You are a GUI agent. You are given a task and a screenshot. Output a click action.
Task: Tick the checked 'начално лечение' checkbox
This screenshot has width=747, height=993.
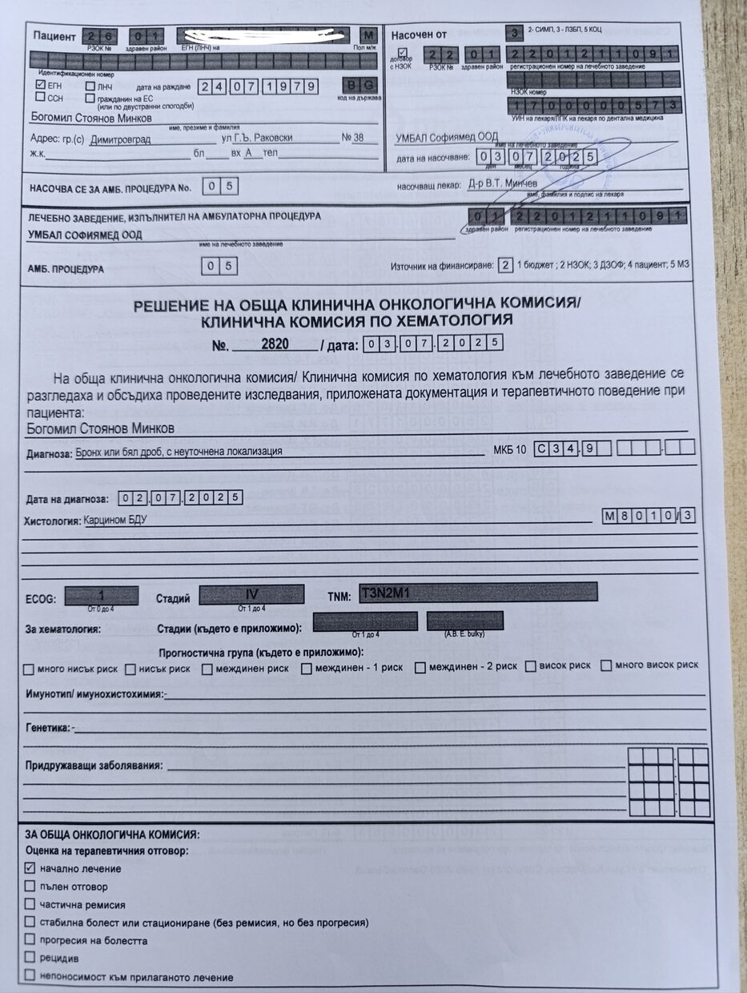click(30, 868)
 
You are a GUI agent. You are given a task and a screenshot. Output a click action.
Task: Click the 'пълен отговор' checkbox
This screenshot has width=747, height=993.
click(30, 886)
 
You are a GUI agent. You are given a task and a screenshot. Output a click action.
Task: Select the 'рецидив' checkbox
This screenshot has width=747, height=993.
click(30, 958)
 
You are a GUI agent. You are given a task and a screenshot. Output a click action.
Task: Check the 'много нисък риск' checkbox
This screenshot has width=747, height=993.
click(29, 668)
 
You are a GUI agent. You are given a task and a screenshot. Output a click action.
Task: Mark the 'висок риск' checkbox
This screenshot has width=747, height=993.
click(530, 665)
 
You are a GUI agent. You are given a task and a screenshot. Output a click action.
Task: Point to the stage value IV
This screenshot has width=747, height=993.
click(251, 595)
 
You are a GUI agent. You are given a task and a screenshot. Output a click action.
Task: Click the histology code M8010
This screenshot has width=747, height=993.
click(638, 516)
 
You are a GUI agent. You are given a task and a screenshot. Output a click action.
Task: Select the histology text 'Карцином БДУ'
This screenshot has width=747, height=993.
click(115, 520)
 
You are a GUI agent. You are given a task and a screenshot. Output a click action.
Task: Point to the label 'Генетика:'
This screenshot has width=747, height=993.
click(48, 729)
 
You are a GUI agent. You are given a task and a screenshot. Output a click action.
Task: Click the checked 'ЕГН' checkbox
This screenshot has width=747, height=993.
click(40, 83)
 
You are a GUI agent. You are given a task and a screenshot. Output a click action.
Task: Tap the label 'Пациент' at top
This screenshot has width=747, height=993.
click(54, 36)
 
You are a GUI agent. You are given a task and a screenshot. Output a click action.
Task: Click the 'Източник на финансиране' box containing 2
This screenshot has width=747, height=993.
click(504, 265)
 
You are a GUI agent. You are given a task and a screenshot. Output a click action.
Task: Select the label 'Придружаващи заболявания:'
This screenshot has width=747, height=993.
click(94, 766)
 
